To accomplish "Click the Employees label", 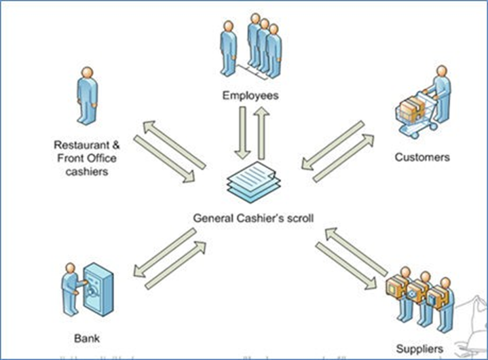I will (250, 96).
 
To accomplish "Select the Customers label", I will (421, 157).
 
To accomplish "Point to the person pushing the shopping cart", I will (440, 95).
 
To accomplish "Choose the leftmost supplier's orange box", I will (394, 285).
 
